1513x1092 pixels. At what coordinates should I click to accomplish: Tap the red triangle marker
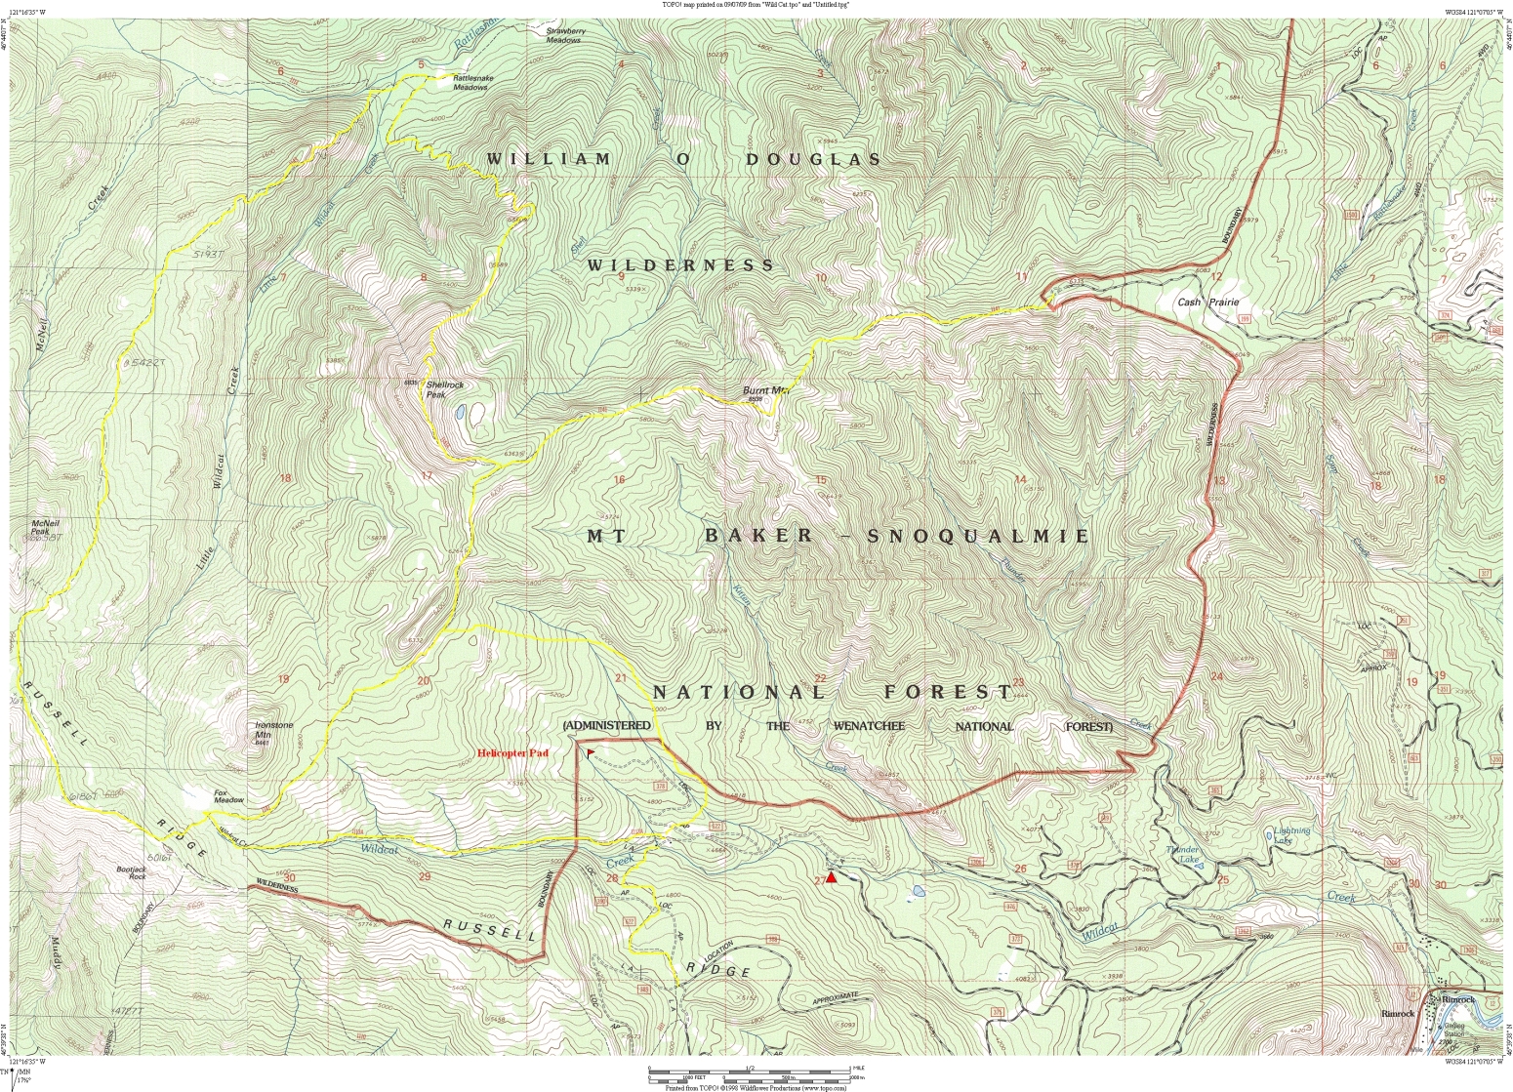click(x=831, y=877)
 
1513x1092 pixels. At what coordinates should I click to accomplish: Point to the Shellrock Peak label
click(x=444, y=389)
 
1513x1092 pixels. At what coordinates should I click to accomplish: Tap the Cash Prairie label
click(x=1207, y=303)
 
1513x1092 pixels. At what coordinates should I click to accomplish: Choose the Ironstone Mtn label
click(x=273, y=730)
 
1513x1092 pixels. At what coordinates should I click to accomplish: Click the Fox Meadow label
click(x=228, y=796)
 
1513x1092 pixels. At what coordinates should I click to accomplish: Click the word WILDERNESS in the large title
click(x=679, y=265)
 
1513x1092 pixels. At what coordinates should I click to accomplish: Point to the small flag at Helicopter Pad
click(x=590, y=751)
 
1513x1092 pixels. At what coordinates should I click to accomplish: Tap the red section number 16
click(x=619, y=479)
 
